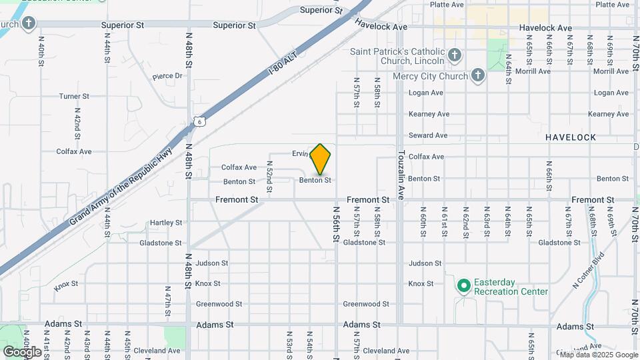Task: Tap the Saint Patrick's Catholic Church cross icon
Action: point(454,55)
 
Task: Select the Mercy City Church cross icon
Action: point(477,75)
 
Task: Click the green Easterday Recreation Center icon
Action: point(463,286)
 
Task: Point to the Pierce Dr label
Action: point(167,76)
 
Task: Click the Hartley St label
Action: point(166,223)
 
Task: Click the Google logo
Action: point(23,351)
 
